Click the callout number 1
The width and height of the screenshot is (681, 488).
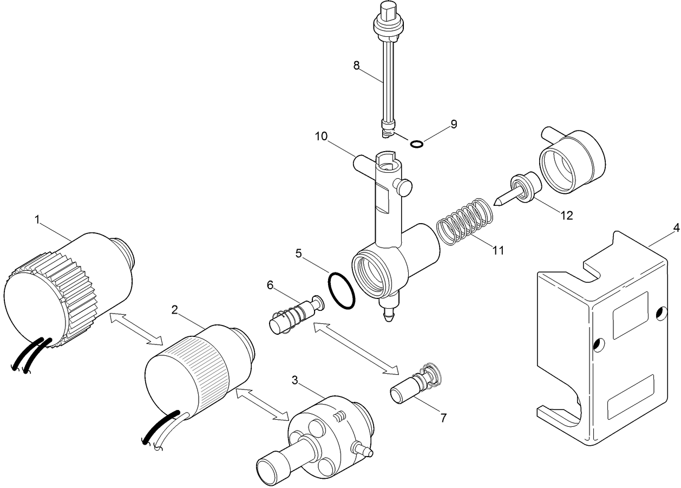(x=37, y=219)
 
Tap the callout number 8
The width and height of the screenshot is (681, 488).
(x=356, y=66)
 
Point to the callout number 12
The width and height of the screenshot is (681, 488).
(x=566, y=215)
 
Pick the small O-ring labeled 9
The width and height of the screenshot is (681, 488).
(x=416, y=144)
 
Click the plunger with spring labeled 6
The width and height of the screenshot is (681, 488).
(x=294, y=317)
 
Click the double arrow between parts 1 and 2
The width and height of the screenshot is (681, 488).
(x=136, y=328)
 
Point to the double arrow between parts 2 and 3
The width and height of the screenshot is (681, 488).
(x=263, y=404)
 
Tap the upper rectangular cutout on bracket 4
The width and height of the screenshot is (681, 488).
(x=630, y=315)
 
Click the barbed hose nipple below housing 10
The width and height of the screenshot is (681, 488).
(x=388, y=312)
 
